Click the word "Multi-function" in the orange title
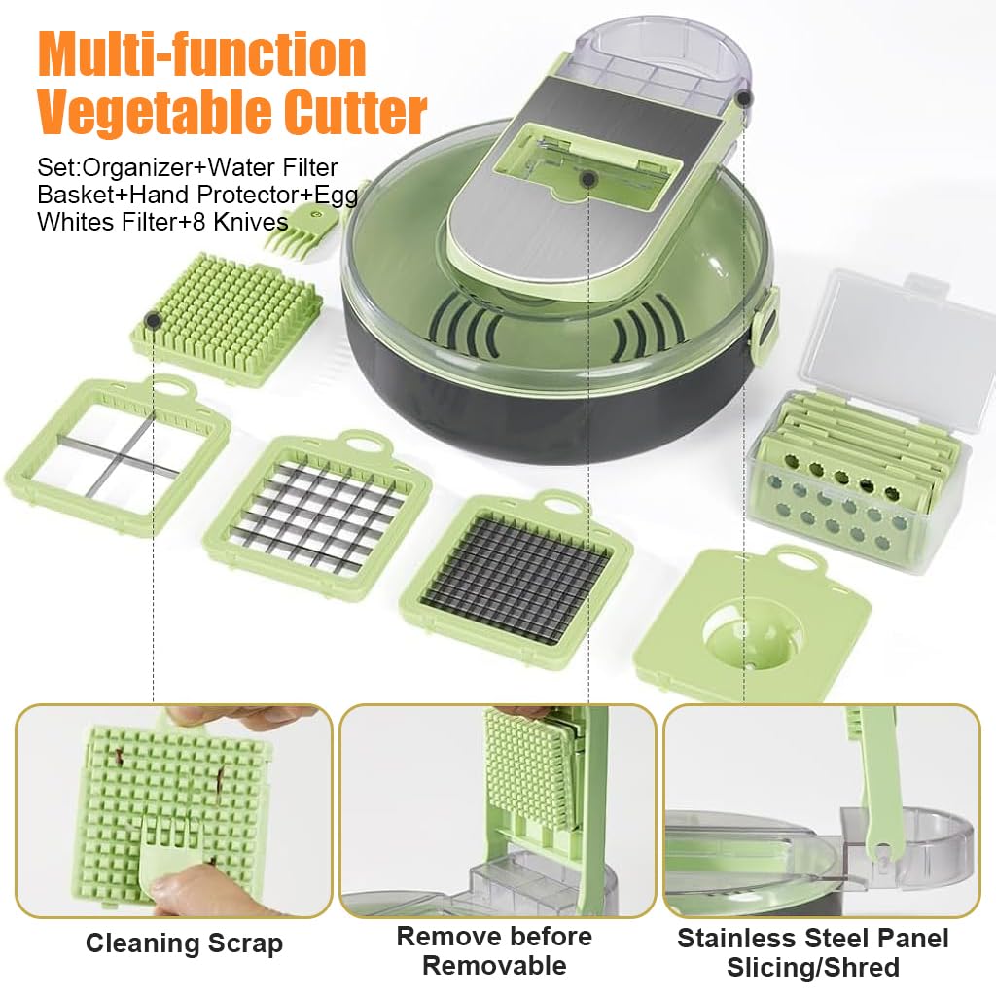202,54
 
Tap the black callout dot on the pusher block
153,321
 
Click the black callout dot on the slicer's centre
588,180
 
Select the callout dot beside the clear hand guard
744,98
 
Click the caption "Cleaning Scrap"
184,943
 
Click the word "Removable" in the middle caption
494,966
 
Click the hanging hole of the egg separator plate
799,560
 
